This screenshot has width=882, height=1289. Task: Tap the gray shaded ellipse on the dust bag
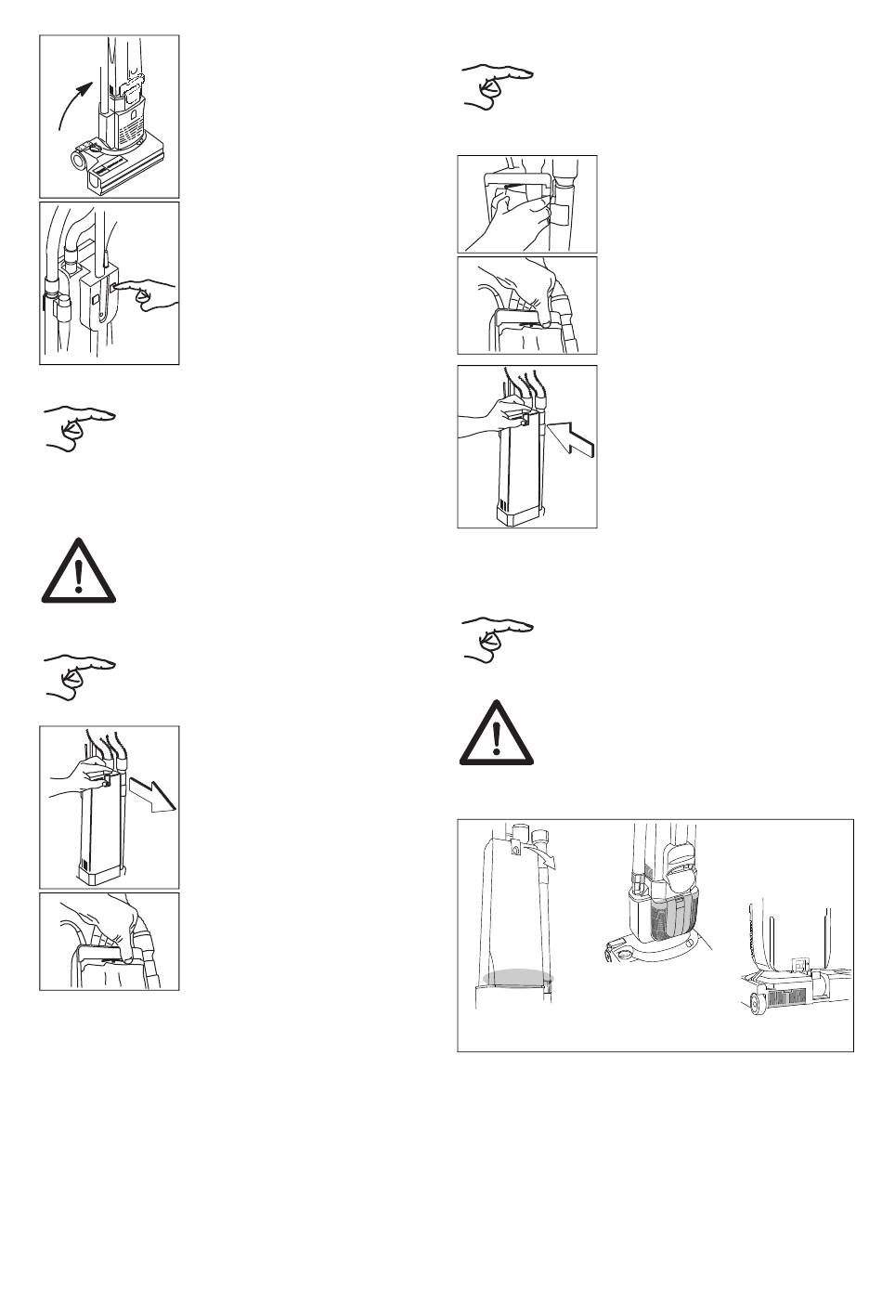[x=518, y=978]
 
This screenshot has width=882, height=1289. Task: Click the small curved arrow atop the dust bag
[x=540, y=853]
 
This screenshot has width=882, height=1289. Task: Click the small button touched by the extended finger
[x=112, y=289]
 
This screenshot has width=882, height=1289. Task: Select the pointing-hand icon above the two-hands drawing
[x=498, y=86]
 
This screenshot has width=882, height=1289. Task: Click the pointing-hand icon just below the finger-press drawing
[x=79, y=426]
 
